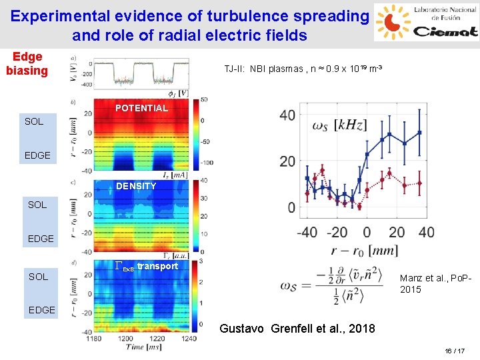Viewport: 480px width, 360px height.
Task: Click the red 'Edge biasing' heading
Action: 27,64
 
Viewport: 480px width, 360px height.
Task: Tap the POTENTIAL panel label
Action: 141,108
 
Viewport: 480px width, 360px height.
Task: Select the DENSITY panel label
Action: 136,186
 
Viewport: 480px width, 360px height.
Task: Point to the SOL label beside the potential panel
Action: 34,121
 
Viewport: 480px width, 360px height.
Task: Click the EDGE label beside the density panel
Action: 40,239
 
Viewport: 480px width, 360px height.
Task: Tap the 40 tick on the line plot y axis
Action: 287,115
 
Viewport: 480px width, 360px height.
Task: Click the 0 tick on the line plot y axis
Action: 292,208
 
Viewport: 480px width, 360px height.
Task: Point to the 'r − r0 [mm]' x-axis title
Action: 364,251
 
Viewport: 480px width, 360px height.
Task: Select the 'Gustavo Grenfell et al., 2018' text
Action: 306,329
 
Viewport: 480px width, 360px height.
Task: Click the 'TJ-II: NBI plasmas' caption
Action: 303,69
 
